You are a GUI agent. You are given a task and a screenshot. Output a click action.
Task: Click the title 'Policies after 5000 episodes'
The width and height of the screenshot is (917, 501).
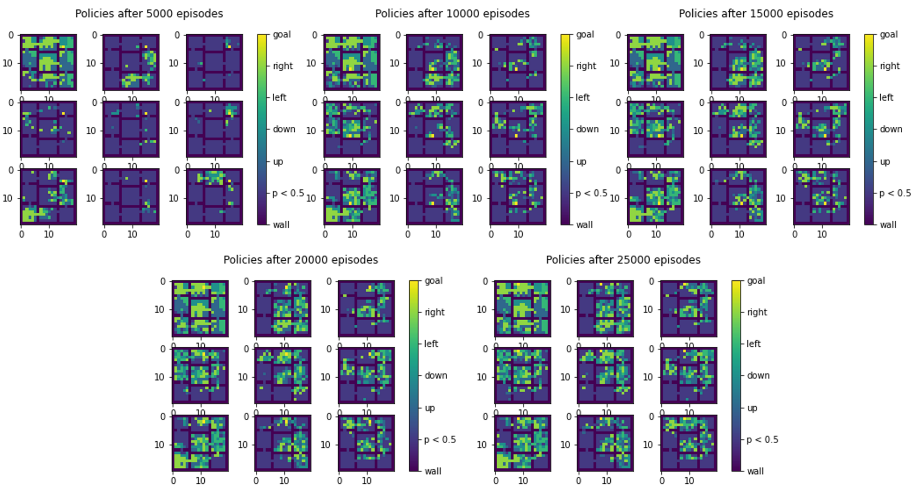click(x=149, y=14)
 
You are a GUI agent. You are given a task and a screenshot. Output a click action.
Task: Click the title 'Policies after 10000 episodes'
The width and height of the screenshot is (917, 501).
click(x=452, y=14)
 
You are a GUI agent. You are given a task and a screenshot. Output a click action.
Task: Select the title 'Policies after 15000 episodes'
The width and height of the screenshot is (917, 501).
click(x=756, y=14)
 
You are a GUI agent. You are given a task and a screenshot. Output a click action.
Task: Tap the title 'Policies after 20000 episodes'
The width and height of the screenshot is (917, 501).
click(x=301, y=260)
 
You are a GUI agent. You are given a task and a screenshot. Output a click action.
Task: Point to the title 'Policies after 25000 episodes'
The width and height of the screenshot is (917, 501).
click(x=623, y=260)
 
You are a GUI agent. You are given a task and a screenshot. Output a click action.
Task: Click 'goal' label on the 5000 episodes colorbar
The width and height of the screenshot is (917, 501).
click(x=282, y=34)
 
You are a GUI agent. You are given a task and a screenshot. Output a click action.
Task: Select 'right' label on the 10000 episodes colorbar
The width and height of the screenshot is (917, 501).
click(x=586, y=66)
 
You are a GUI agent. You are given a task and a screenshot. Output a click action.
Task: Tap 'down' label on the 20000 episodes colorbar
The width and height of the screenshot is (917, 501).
click(x=436, y=376)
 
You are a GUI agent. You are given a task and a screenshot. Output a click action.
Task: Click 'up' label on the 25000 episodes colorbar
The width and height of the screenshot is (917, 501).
click(x=752, y=408)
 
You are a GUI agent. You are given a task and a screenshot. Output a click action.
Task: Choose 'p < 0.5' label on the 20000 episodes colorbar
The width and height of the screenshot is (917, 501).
click(x=440, y=440)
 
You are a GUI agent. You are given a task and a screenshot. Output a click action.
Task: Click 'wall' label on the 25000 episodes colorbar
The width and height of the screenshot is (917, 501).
click(x=755, y=471)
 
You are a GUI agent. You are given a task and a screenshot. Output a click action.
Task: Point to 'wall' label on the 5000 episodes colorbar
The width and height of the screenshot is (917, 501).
click(x=281, y=225)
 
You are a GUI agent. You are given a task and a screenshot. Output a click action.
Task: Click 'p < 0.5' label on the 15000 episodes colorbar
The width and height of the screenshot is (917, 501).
click(x=895, y=194)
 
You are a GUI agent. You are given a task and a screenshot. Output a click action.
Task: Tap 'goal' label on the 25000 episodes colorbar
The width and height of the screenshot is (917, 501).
click(x=756, y=281)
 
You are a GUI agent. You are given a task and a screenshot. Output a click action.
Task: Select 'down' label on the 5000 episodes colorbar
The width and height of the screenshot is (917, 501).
click(x=284, y=129)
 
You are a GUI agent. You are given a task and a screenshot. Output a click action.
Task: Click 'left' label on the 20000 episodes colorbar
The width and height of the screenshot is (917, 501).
click(x=431, y=344)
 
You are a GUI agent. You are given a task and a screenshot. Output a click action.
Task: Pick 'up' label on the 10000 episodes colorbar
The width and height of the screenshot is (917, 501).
click(x=581, y=162)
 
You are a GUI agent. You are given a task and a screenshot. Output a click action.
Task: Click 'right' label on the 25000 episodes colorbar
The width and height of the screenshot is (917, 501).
click(x=757, y=312)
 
